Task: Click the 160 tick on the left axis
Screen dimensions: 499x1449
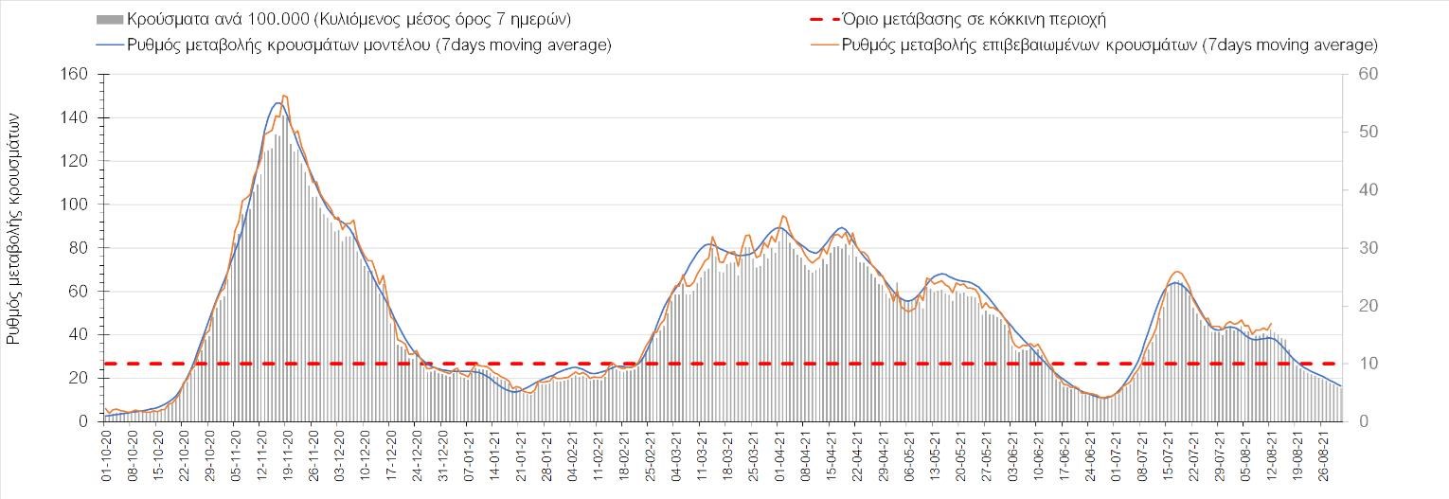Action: click(x=76, y=74)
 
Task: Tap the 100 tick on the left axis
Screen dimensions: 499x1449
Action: click(x=76, y=205)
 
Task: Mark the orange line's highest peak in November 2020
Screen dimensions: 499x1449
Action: click(x=284, y=95)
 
